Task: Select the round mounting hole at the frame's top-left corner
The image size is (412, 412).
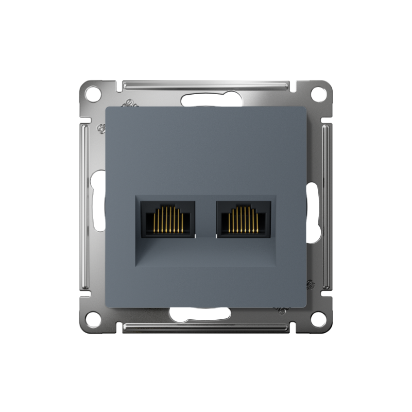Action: [x=92, y=94]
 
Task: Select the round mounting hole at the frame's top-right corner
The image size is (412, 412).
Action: [x=319, y=94]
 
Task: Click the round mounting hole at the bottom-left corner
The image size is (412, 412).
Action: [x=92, y=319]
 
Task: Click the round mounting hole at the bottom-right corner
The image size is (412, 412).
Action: [x=319, y=319]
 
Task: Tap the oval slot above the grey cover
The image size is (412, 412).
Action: [x=206, y=100]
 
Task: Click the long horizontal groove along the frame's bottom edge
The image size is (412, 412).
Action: [x=206, y=328]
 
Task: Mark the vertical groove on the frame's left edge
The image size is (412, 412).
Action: [x=85, y=206]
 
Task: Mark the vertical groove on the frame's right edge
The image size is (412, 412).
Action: [x=327, y=206]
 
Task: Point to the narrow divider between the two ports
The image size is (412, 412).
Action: [x=206, y=219]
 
